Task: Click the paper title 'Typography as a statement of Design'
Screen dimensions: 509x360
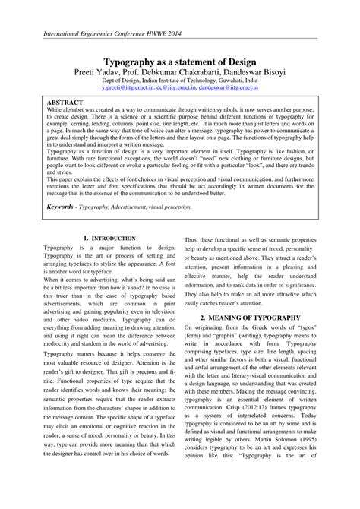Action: (x=180, y=61)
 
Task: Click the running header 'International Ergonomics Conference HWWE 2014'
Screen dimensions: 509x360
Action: (x=112, y=35)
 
